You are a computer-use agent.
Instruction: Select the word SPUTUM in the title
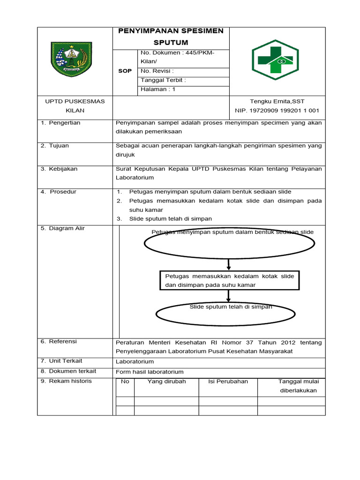tap(172, 43)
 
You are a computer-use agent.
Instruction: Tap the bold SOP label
tap(125, 71)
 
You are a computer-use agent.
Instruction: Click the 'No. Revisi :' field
tap(157, 71)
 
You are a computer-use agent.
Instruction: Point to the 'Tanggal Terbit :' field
tap(163, 80)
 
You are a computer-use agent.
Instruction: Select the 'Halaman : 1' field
tap(158, 89)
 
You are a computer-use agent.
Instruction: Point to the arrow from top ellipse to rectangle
tap(228, 263)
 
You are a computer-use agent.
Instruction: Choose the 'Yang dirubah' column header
tap(166, 382)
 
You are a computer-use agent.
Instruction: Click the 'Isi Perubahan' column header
tap(228, 382)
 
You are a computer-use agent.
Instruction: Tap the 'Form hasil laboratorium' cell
tap(150, 372)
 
